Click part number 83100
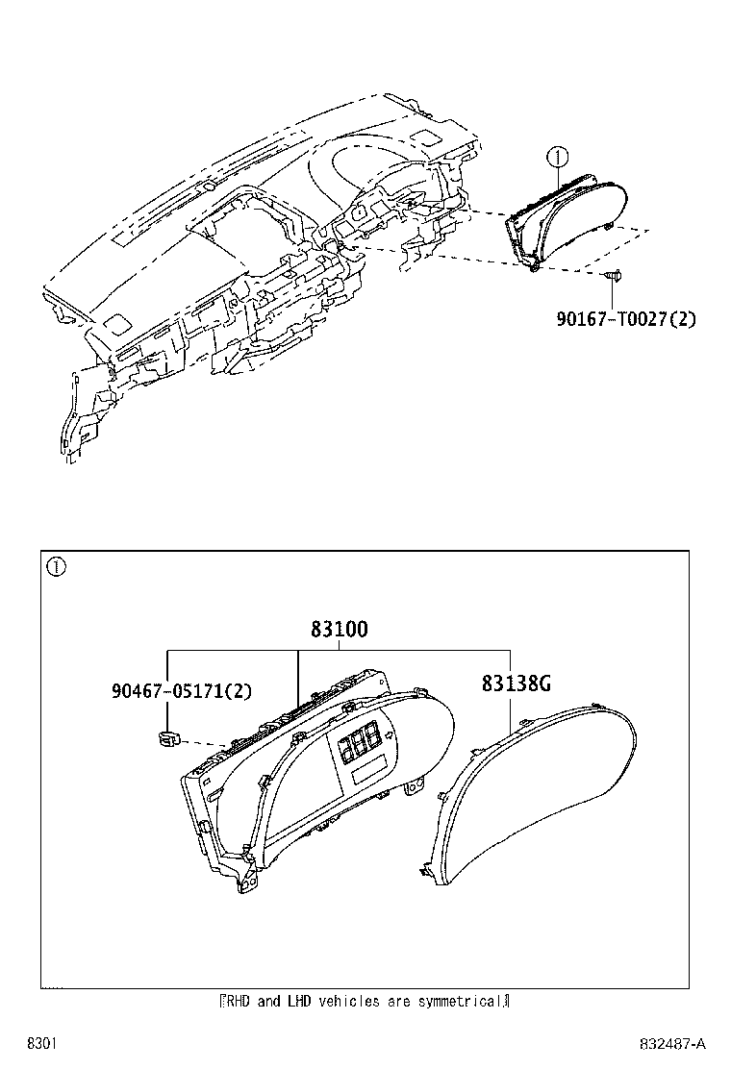coord(339,629)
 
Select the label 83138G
coord(517,684)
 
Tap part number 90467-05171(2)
coord(182,691)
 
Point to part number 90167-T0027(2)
coord(626,318)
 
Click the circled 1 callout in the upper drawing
coord(557,158)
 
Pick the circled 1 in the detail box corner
coord(56,566)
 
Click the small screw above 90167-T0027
coord(613,276)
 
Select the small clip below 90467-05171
coord(164,737)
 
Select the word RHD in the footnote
coord(239,1002)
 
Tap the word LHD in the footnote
coord(299,1002)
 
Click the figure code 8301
coord(41,1044)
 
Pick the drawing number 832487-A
coord(672,1044)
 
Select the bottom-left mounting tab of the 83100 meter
coord(246,883)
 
